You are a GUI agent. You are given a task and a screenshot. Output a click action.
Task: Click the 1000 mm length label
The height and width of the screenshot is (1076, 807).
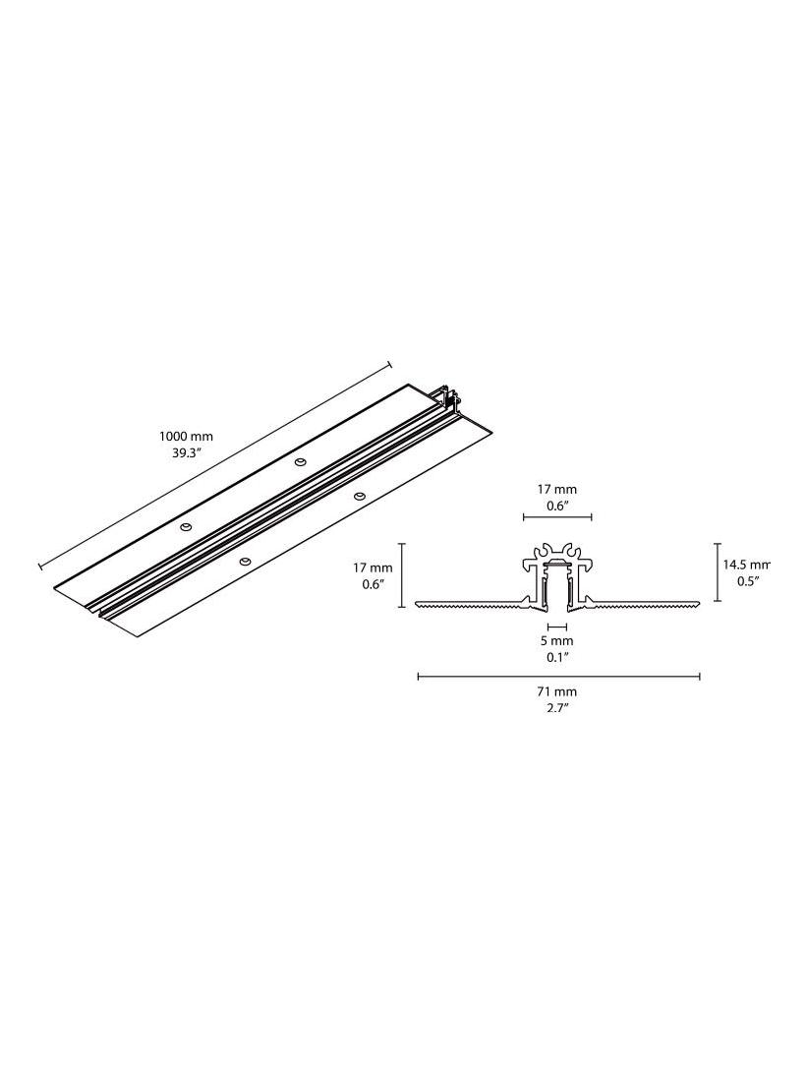186,437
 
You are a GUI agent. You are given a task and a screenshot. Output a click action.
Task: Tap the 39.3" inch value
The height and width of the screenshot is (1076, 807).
186,454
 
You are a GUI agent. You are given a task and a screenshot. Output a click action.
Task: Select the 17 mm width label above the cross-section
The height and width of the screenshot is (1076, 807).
556,489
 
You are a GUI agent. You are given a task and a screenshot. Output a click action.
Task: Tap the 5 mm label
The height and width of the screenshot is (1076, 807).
556,640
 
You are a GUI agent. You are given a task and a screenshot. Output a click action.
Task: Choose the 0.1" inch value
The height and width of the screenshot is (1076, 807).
556,657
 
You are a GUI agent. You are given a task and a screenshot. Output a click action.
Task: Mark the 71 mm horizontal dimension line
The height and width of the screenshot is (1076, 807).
558,676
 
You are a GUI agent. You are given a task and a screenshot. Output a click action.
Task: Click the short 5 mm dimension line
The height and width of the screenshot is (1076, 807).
556,626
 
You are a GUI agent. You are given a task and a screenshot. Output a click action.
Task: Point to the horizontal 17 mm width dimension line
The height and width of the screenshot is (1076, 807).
556,516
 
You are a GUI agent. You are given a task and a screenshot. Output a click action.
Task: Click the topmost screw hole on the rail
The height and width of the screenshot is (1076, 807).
300,460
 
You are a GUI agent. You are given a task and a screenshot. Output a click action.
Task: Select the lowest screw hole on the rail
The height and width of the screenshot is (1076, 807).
244,562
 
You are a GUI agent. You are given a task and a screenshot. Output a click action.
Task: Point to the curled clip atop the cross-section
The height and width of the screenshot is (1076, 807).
556,554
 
